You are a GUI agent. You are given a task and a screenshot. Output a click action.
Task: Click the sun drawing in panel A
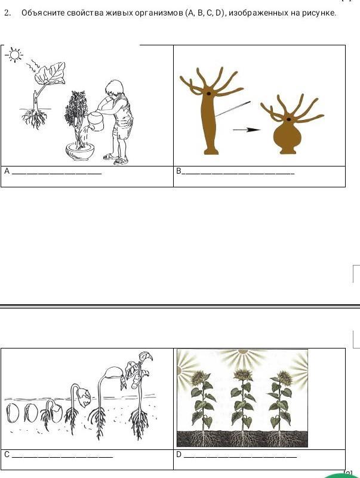tap(14, 55)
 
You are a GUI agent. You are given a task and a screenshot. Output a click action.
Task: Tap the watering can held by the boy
tap(96, 121)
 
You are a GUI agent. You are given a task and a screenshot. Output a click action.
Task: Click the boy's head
tap(113, 88)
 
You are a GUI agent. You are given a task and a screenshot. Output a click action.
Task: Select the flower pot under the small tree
tap(80, 152)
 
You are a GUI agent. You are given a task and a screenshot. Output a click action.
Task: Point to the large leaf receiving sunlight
tap(50, 73)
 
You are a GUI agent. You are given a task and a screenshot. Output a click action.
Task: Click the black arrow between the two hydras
tap(247, 130)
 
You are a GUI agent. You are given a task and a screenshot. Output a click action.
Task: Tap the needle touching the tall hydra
tap(232, 109)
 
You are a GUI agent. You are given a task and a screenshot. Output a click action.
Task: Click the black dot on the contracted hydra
tap(288, 119)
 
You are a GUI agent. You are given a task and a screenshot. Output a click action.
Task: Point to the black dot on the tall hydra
tap(209, 94)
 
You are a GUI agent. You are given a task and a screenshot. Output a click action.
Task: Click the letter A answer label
tap(7, 171)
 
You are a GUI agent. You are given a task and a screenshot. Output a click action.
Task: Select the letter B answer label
tap(179, 171)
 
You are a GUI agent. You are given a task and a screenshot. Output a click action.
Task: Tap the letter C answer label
tap(7, 455)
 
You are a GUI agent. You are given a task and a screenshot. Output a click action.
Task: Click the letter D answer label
tap(179, 455)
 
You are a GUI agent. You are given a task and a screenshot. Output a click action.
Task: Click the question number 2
tap(8, 13)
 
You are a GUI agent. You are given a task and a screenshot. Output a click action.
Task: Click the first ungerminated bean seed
tap(12, 413)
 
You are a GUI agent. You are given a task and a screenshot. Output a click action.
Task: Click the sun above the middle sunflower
tap(243, 351)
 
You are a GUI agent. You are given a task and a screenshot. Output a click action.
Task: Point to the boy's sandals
tap(116, 159)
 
